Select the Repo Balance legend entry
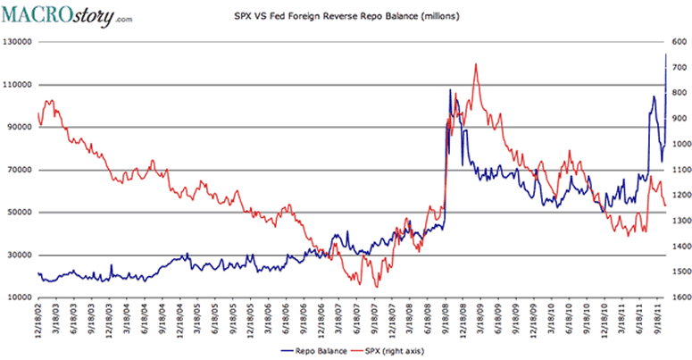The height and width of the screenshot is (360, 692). [315, 352]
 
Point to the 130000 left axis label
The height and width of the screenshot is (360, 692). [18, 42]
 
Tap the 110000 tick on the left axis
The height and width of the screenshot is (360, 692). [18, 85]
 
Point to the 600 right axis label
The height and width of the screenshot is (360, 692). [676, 42]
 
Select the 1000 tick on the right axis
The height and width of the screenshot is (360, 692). [678, 144]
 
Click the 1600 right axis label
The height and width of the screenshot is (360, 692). [678, 297]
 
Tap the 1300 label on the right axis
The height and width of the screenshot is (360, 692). [678, 221]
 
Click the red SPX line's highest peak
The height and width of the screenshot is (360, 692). [476, 63]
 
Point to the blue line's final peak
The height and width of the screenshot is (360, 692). [665, 54]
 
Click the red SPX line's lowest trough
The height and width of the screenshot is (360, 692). [376, 287]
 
